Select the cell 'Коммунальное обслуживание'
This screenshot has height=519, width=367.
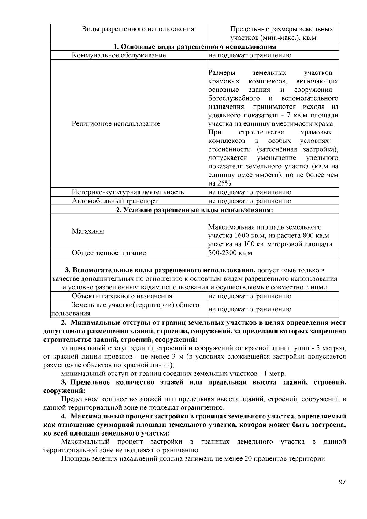119,55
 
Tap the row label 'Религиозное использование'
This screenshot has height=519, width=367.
116,124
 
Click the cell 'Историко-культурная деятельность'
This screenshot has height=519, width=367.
128,192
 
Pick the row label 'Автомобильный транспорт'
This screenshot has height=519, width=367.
115,201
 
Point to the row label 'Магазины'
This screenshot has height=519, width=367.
88,231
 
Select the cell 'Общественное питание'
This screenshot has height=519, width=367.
109,253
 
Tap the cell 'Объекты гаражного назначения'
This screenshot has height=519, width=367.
122,296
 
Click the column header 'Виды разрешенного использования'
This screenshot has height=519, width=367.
138,29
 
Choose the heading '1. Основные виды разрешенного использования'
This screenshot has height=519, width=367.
195,46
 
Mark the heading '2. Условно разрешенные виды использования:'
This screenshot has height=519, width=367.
195,210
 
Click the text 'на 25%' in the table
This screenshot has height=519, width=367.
220,183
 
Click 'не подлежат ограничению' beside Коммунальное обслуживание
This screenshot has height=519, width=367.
250,55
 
